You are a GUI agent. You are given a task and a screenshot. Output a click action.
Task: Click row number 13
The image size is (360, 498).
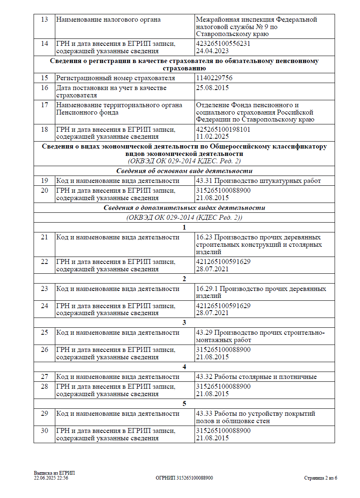coord(44,20)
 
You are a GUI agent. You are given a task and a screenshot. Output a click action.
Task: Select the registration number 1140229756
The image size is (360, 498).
coord(215,78)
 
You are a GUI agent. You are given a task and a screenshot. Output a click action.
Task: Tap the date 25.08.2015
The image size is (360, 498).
coord(212,88)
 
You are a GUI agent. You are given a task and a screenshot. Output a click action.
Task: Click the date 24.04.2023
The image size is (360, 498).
coord(212,51)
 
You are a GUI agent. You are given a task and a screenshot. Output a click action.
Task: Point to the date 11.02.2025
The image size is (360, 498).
coord(212,137)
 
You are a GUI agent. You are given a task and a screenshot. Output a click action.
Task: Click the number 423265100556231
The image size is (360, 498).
coord(223,44)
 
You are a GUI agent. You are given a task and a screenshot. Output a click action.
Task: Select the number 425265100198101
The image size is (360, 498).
coord(223,130)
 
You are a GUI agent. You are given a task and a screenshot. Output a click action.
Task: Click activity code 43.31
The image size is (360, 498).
coord(204,181)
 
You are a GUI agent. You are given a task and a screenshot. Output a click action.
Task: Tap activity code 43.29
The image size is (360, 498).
coord(204,333)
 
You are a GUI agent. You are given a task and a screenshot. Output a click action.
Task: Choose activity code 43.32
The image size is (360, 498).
coord(204,377)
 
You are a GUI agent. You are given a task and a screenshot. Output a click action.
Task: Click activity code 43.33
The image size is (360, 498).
coord(204,414)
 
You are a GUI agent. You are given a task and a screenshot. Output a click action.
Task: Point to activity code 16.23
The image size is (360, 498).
coord(204,237)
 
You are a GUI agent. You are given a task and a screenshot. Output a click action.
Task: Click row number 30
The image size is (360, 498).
coord(44,431)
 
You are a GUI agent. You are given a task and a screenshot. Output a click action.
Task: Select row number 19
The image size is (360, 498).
coord(44,181)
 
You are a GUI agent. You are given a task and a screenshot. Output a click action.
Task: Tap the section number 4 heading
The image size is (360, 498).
coord(184,367)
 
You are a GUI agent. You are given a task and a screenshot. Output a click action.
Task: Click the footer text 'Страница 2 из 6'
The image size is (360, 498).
coord(320,478)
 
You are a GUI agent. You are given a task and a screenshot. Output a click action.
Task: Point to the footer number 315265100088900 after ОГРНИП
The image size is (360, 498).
coord(195,478)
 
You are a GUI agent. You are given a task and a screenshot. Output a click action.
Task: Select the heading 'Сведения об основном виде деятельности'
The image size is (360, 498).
coord(184,171)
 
